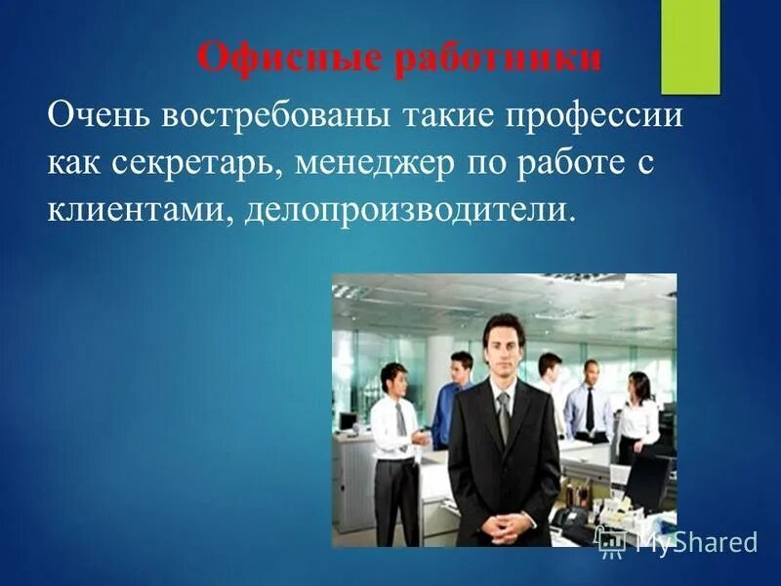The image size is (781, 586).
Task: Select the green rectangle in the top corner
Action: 690,46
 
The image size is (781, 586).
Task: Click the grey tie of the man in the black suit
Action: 503,415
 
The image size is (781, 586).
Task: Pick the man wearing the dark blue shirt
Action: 454,400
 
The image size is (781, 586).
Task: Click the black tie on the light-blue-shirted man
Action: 590,410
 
